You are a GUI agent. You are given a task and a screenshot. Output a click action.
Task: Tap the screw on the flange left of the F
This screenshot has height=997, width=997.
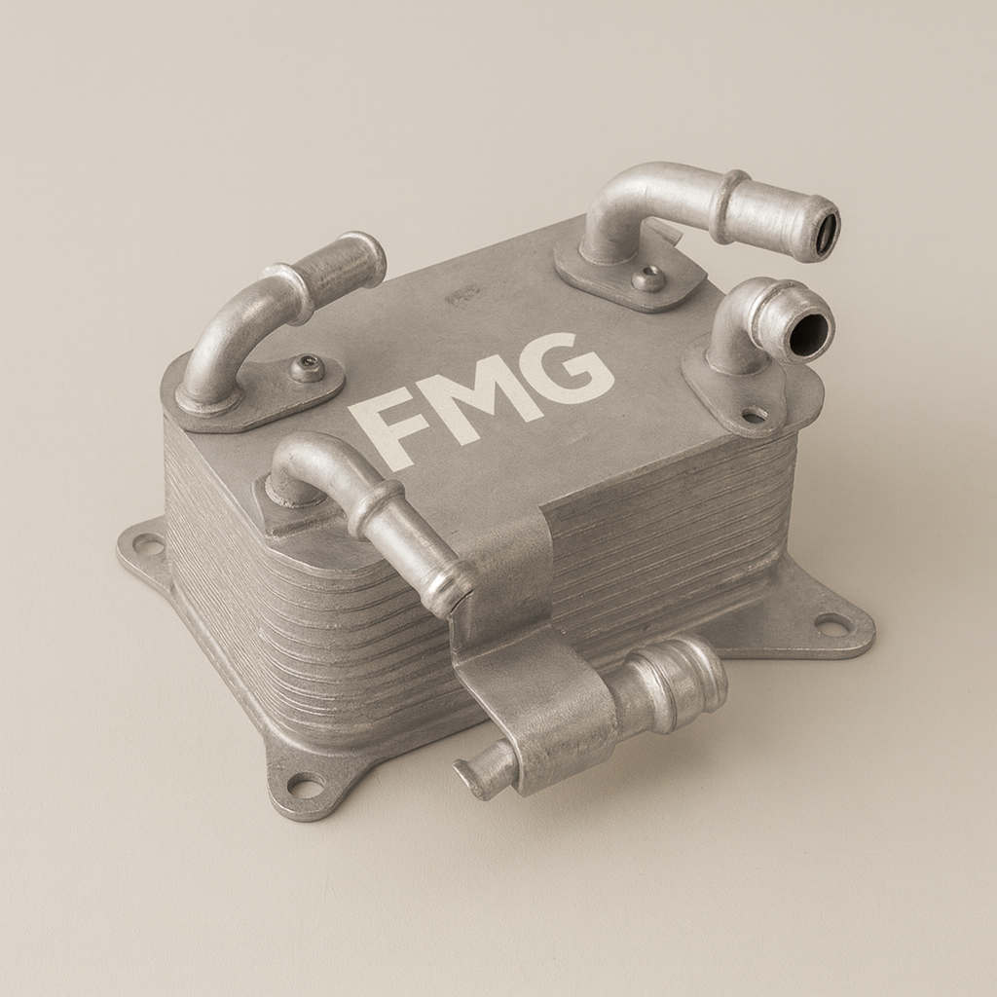pyautogui.click(x=308, y=369)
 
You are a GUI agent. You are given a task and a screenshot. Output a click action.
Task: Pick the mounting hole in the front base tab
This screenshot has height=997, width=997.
pyautogui.click(x=305, y=785)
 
